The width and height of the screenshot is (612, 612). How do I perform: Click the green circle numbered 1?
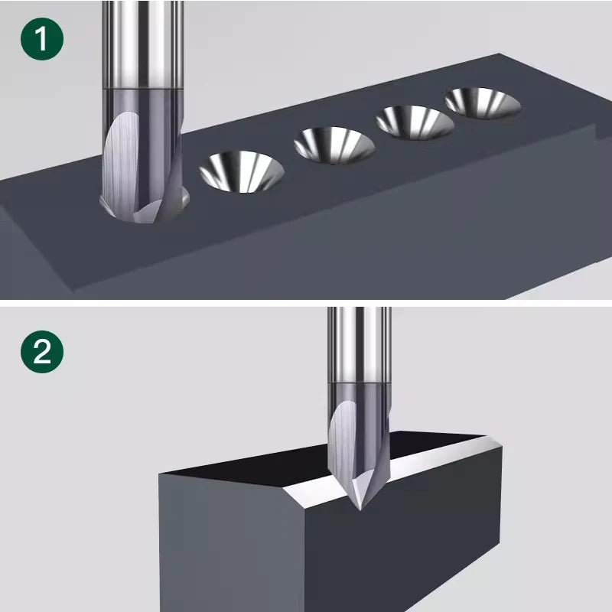click(x=42, y=39)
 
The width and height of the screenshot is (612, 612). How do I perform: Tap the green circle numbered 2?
click(x=42, y=352)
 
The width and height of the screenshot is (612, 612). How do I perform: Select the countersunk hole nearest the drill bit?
click(x=242, y=171)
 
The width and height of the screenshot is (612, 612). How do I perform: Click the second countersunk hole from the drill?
click(x=334, y=145)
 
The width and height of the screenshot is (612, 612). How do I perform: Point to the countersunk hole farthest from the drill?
click(x=483, y=103)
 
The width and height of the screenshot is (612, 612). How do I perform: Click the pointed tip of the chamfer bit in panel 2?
click(x=360, y=509)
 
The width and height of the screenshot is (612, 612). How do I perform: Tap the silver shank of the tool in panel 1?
click(x=142, y=44)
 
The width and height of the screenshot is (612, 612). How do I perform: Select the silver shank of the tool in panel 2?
click(x=359, y=344)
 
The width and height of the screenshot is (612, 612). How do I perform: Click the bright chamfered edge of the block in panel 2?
click(x=390, y=468)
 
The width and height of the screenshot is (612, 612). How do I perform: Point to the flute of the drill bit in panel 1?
click(x=120, y=164)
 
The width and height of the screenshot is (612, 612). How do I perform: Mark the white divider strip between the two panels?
click(x=306, y=303)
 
